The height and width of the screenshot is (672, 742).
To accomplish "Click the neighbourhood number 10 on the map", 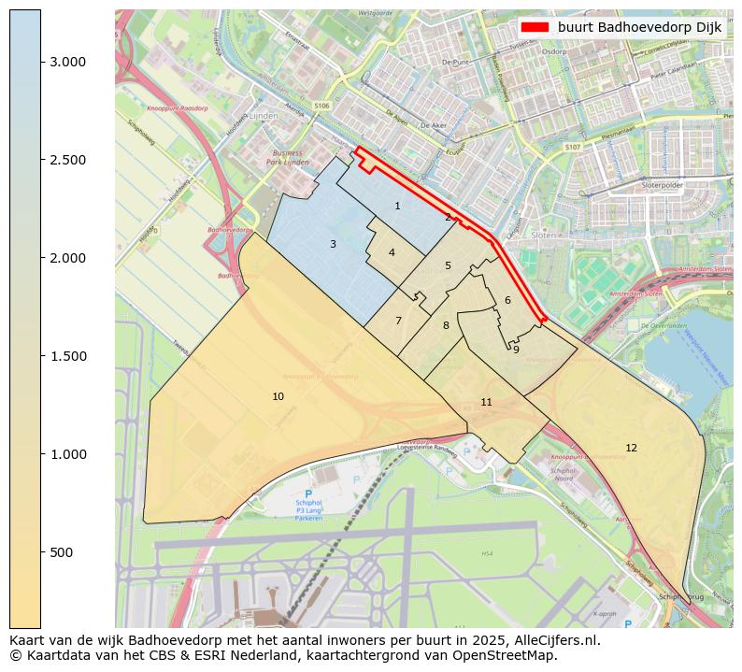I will point(278,397).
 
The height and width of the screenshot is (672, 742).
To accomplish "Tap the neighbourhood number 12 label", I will point(631,449).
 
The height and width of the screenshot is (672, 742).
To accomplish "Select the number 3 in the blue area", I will point(333,245).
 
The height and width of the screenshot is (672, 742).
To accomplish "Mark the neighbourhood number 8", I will point(446,326).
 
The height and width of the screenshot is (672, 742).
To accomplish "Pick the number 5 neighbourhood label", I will point(448,266).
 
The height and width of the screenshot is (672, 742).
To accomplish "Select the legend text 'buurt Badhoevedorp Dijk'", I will point(639,28).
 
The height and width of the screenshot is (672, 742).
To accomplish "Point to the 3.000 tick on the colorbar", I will point(67,62).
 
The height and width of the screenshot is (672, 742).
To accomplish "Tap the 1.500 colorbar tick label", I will point(67,356).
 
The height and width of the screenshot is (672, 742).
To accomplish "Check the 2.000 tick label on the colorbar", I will point(67,258).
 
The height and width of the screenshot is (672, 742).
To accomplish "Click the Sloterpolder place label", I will point(663,186).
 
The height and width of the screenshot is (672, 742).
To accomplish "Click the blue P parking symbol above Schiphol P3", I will point(308,493).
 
